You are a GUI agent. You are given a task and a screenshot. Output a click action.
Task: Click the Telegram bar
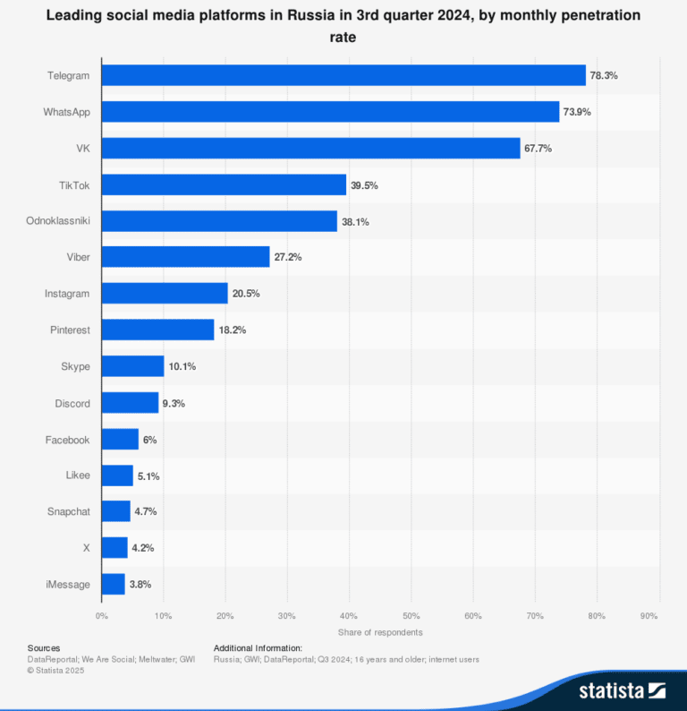[x=343, y=75]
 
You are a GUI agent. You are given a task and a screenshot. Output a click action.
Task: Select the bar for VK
[x=310, y=148]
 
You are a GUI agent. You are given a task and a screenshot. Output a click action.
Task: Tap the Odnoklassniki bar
[x=219, y=221]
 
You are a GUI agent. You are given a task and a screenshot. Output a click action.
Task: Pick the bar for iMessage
[x=114, y=584]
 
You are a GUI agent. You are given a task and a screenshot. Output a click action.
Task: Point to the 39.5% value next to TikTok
[x=364, y=184]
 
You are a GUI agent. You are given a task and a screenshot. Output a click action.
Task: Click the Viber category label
[x=76, y=257]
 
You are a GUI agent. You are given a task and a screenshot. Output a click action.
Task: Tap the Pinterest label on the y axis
[x=70, y=330]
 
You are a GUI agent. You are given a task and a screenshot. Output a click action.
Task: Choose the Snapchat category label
[x=69, y=511]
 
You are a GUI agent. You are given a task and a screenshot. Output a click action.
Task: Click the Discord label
[x=72, y=403]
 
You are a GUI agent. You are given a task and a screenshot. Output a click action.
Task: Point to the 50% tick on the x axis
[x=411, y=616]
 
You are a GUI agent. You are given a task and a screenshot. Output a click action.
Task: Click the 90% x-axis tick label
[x=649, y=616]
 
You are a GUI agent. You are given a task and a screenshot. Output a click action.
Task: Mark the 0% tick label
[x=102, y=616]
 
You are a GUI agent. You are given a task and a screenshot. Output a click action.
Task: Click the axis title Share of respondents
[x=380, y=632]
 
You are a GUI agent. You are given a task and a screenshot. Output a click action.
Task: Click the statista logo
[x=621, y=690]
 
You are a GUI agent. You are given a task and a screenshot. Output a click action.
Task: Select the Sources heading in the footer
[x=44, y=647]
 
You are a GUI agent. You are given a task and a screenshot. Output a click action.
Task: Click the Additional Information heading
[x=258, y=647]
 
